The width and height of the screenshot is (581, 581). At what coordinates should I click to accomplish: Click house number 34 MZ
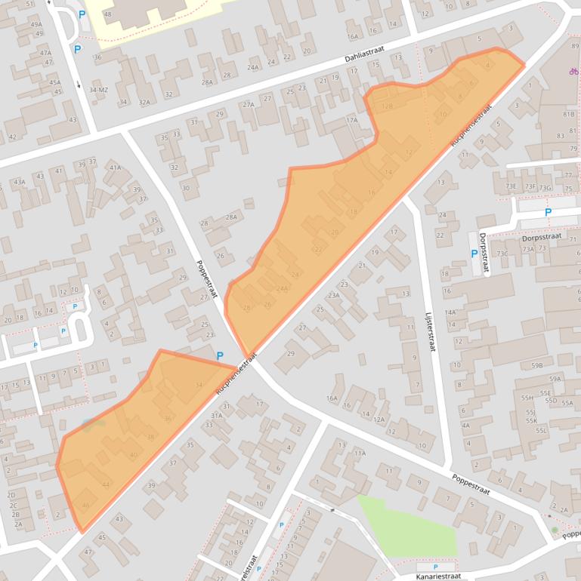[99, 90]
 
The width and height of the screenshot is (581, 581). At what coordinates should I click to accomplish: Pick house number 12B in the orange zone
[387, 106]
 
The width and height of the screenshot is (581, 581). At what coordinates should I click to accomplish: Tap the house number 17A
[351, 120]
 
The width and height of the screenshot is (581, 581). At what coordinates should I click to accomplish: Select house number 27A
[249, 105]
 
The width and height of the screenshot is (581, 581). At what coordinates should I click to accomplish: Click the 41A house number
[115, 168]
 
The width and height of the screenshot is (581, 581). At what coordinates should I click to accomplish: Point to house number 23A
[333, 295]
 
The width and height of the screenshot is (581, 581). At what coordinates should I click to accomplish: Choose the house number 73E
[511, 186]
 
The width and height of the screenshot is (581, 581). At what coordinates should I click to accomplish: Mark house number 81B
[569, 114]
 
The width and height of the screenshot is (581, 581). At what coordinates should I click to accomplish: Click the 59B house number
[536, 365]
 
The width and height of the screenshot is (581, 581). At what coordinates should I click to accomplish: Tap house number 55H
[527, 397]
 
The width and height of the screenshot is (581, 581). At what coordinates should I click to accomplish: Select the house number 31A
[217, 415]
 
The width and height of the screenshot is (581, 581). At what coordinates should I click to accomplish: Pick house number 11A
[360, 453]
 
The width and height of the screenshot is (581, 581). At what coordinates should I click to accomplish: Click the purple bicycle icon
[574, 72]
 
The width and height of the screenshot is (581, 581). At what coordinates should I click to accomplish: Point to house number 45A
[54, 83]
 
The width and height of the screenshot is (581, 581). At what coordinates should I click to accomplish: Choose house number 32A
[144, 102]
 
